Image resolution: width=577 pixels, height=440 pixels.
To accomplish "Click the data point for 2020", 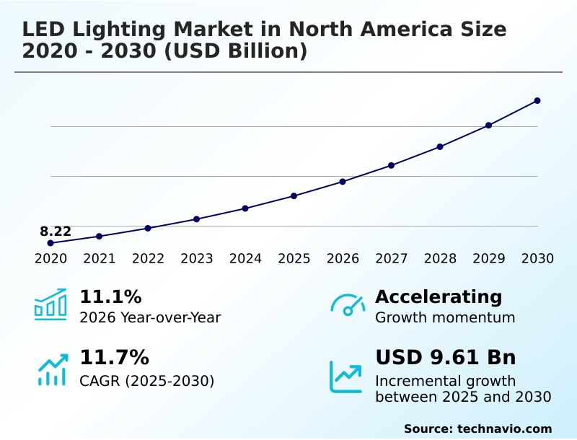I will point(50,243).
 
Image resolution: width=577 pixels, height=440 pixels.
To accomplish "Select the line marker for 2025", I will point(294,195).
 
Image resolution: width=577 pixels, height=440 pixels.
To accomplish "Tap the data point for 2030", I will point(537,101).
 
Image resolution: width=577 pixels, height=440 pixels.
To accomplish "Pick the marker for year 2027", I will point(392,165).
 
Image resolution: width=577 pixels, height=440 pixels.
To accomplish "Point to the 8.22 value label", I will point(56,232).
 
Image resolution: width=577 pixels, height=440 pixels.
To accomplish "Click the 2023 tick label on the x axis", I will point(197,259).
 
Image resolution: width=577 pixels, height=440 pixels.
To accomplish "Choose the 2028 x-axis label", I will point(440,259).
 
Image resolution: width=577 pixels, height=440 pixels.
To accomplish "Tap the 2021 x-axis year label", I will point(100,259).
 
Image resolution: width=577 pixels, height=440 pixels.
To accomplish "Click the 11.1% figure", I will point(110,297).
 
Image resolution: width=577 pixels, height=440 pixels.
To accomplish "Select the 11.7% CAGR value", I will point(114,358).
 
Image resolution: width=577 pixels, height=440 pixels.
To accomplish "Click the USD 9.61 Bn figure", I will point(446,358).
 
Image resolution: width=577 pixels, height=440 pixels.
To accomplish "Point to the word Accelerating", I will point(439,297).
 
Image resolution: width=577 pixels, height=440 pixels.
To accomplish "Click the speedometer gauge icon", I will point(348,305).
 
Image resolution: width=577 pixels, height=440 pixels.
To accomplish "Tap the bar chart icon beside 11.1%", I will point(50,305).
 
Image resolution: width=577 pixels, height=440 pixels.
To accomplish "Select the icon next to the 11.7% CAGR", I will point(52,369).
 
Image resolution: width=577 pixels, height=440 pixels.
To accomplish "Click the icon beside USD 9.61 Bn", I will point(346,376).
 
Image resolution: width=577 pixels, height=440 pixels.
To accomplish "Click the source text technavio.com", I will point(504,428).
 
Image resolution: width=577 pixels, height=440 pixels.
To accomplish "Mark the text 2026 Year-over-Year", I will point(150,318).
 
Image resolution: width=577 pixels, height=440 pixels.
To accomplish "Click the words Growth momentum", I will point(445,318).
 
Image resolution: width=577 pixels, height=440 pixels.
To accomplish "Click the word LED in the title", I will point(43,30).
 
